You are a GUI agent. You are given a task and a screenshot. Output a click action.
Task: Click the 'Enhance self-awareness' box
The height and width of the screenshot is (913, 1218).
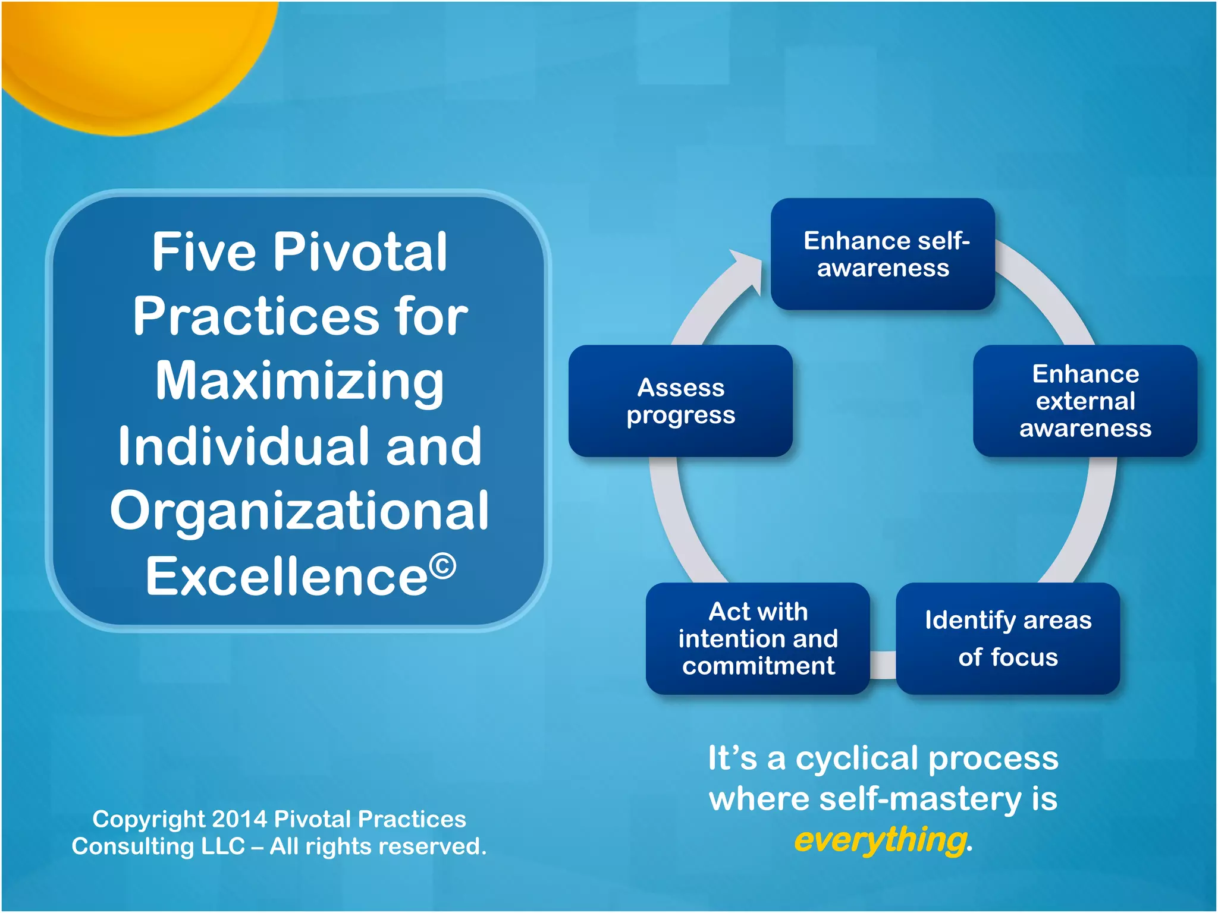[x=883, y=254]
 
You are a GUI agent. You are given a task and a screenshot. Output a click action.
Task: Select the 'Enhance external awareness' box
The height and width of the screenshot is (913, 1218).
[x=1085, y=401]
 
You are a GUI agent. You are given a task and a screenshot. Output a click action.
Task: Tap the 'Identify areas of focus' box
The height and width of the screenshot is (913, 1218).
[x=1007, y=638]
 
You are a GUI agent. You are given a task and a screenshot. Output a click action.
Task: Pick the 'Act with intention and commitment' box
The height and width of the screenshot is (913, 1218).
[x=758, y=638]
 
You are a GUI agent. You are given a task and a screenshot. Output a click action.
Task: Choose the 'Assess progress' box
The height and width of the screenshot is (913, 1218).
[x=680, y=401]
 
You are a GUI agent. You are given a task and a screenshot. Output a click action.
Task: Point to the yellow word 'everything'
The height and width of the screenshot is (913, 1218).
[x=880, y=839]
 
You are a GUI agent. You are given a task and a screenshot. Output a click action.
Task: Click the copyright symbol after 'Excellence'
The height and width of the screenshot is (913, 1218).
[x=442, y=566]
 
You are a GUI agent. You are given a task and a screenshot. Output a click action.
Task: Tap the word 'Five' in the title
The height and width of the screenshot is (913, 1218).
[x=203, y=252]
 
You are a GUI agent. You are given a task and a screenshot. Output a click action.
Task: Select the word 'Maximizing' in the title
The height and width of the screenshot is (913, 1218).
[x=300, y=382]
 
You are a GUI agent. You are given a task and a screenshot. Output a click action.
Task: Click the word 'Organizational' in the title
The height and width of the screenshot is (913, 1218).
[x=299, y=511]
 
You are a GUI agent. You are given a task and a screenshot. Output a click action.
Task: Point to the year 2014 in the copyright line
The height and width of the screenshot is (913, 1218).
[x=239, y=819]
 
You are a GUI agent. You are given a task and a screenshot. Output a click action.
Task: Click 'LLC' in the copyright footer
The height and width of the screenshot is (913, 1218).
[x=223, y=846]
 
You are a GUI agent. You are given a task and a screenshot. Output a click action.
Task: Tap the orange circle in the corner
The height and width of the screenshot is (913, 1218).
[x=131, y=53]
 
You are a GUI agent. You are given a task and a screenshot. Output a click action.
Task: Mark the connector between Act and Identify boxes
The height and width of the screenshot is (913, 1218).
[x=883, y=665]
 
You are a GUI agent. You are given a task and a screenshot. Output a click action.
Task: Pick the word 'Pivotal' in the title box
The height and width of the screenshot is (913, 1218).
[x=359, y=252]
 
